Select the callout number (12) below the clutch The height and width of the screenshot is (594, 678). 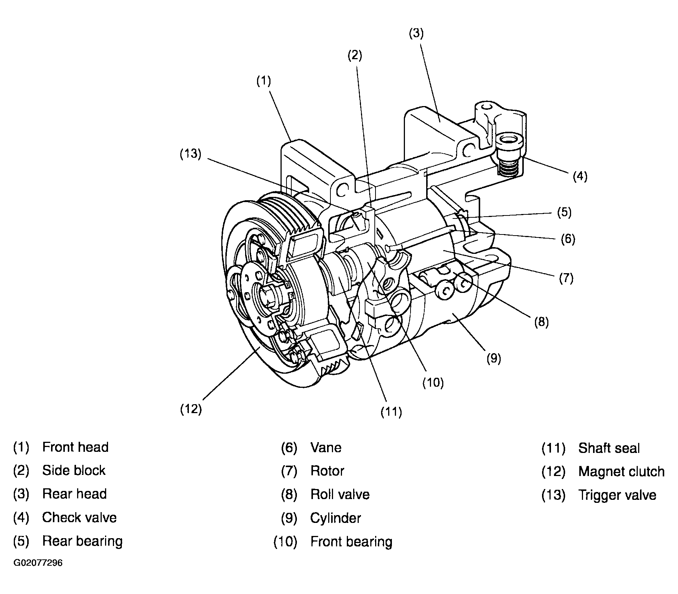click(191, 409)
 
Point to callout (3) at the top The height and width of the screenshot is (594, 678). click(416, 33)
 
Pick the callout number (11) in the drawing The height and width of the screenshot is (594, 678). click(391, 412)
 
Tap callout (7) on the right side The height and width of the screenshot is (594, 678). click(566, 278)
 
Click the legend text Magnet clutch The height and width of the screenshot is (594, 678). click(621, 472)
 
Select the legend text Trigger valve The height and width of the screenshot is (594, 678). click(617, 495)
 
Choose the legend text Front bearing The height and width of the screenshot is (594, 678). click(351, 542)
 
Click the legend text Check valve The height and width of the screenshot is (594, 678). click(79, 517)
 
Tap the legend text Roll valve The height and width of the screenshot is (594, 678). click(340, 494)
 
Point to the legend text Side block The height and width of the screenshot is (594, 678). click(74, 470)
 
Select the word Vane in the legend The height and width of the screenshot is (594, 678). click(326, 447)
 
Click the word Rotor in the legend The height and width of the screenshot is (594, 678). click(327, 471)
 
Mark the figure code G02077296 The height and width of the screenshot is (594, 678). click(38, 563)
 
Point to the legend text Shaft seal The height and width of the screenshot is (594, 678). click(609, 448)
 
